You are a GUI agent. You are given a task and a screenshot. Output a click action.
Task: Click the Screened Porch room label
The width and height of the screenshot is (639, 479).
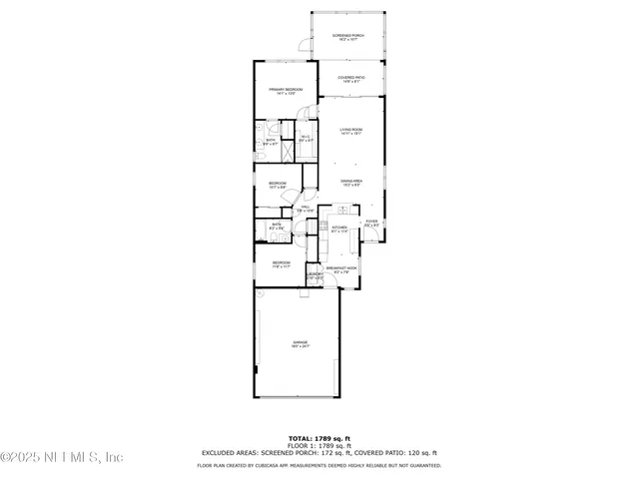(348, 36)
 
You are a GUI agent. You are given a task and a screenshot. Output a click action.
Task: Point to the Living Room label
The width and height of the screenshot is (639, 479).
(349, 131)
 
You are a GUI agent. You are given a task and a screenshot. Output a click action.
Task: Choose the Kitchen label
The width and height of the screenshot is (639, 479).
(339, 229)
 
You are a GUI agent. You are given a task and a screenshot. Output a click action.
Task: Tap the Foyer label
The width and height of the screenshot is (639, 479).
(371, 224)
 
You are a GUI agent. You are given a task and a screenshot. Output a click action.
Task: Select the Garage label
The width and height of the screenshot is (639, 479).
(300, 343)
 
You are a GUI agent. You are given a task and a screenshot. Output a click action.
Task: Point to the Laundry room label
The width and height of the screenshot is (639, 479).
(314, 274)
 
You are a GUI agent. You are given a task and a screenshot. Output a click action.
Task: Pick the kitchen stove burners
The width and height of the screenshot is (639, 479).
(323, 229)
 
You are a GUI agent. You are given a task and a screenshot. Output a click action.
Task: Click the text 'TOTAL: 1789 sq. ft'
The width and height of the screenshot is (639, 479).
(319, 438)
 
